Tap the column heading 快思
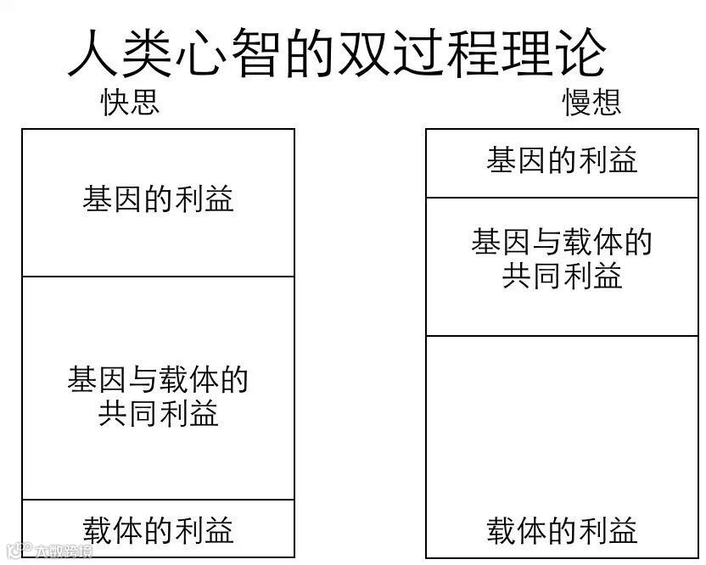(130, 103)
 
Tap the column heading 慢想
(591, 103)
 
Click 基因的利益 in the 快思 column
(158, 199)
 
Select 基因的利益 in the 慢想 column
(562, 160)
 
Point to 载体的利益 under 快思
(158, 530)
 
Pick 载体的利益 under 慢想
(562, 531)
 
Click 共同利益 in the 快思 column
(158, 413)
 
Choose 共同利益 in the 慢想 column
(562, 276)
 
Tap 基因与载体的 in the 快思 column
(158, 379)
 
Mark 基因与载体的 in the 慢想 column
(562, 243)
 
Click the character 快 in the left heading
(115, 103)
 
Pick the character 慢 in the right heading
(577, 103)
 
